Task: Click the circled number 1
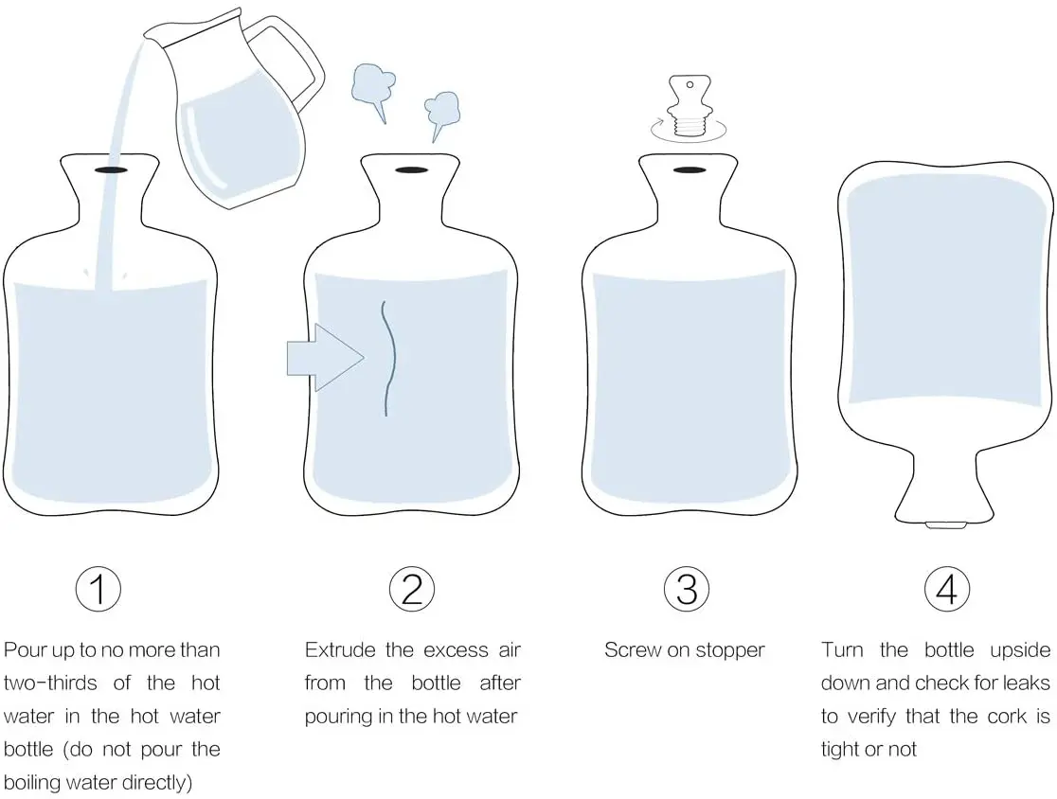99,588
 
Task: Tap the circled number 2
412,588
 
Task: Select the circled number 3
687,588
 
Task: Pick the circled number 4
947,588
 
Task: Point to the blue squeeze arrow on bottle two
326,357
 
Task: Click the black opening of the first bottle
111,169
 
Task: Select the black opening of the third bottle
689,169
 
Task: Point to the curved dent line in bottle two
389,358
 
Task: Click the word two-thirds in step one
50,684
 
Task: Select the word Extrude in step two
340,650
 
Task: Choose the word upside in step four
1020,650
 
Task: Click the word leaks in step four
1027,684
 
